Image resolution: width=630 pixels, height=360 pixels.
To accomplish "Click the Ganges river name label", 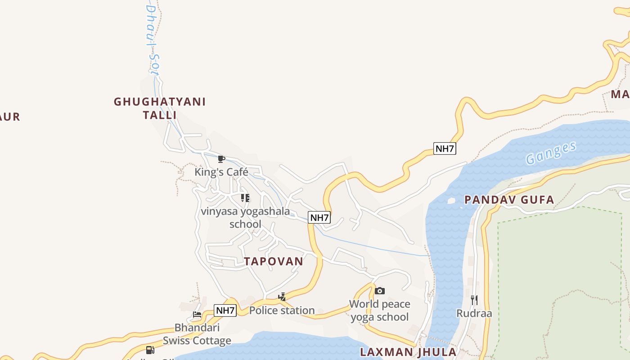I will tap(551, 153).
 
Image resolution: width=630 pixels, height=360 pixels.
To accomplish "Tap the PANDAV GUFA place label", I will tap(509, 200).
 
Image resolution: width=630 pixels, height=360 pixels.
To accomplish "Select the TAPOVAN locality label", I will tap(274, 261).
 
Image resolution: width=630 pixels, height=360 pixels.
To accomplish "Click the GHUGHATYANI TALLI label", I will tap(160, 108).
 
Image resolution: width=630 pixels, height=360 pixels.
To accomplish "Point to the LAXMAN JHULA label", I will tap(408, 352).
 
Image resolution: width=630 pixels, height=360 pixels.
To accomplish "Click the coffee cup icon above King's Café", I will tap(221, 159).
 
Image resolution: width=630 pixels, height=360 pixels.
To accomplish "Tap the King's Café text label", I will tap(221, 172).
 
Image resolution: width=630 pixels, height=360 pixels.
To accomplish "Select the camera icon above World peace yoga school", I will tap(380, 291).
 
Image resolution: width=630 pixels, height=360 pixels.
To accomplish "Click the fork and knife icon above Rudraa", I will tap(474, 300).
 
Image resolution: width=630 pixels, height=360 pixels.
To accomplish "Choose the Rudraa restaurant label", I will tap(474, 313).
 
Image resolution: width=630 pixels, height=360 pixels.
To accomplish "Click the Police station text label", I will tap(282, 310).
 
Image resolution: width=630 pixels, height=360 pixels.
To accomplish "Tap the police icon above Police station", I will tap(282, 297).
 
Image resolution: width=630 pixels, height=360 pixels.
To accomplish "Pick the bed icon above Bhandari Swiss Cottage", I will tap(197, 315).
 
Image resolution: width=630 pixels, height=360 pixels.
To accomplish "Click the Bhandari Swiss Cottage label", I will tap(197, 334).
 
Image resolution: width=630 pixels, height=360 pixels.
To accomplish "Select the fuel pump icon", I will tap(150, 350).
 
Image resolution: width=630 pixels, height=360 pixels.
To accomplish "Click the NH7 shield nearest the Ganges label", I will tap(445, 148).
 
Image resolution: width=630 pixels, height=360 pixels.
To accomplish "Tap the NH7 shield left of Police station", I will tap(225, 310).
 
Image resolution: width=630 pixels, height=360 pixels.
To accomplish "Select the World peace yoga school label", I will tap(380, 310).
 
